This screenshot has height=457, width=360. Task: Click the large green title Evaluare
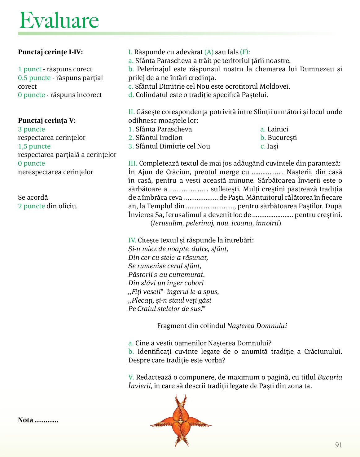point(59,20)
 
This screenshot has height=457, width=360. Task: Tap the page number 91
point(339,445)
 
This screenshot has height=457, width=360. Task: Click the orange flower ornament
point(181,420)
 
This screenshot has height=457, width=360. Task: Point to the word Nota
point(25,420)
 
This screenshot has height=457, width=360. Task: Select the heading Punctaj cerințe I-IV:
point(50,52)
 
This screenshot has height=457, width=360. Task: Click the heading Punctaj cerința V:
point(47,121)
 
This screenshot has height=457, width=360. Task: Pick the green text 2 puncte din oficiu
point(31,206)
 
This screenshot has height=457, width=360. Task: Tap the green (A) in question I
point(209,52)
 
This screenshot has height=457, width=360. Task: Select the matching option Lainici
point(278,129)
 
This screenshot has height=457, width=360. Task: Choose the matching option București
point(282,138)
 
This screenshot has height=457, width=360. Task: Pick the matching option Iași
point(272,146)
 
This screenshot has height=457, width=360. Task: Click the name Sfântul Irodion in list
point(159,138)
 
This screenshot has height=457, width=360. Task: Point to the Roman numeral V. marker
point(131,377)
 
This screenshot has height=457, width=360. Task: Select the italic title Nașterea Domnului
point(257,326)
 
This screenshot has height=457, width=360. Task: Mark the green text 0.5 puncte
point(34,78)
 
